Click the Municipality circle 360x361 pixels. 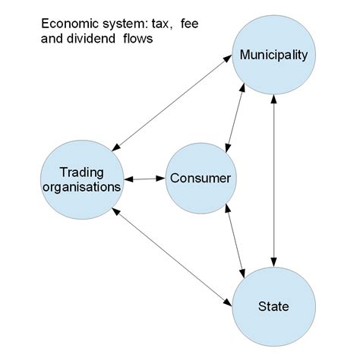click(273, 55)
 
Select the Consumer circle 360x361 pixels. click(200, 179)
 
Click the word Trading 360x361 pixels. click(81, 171)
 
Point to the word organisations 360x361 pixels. click(82, 186)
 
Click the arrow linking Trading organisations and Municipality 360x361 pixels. click(174, 103)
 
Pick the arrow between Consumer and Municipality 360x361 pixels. click(235, 118)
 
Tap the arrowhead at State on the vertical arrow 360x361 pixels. click(274, 259)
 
